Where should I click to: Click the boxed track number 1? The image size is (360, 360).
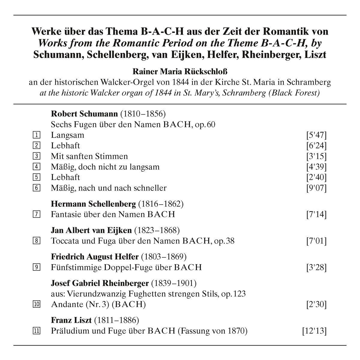pyautogui.click(x=37, y=135)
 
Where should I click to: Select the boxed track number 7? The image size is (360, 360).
pyautogui.click(x=37, y=214)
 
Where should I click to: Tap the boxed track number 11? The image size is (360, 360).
pyautogui.click(x=37, y=331)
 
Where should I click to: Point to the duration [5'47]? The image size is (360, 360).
pyautogui.click(x=316, y=135)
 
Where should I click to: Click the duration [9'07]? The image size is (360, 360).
pyautogui.click(x=316, y=188)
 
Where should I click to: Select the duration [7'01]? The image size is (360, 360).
pyautogui.click(x=316, y=241)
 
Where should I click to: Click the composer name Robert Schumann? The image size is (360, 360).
pyautogui.click(x=84, y=114)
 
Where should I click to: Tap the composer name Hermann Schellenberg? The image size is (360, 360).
pyautogui.click(x=93, y=204)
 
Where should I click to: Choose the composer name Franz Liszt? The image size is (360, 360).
pyautogui.click(x=71, y=320)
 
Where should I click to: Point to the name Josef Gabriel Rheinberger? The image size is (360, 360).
pyautogui.click(x=100, y=283)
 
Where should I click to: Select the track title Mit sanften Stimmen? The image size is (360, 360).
pyautogui.click(x=89, y=156)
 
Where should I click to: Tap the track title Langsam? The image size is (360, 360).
pyautogui.click(x=67, y=135)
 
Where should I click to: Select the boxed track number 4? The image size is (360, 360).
pyautogui.click(x=37, y=167)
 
